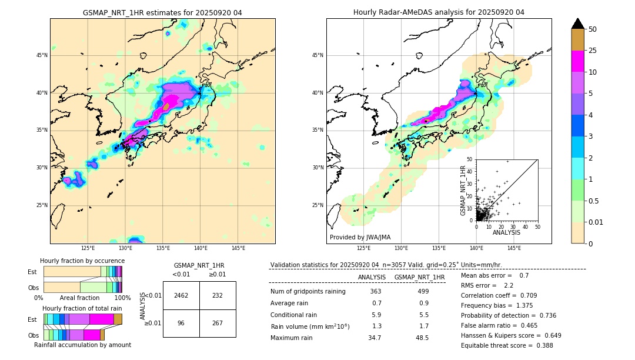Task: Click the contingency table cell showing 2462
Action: [181, 295]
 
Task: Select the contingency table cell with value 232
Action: [217, 295]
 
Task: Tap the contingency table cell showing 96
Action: [181, 323]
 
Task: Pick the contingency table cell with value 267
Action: [217, 323]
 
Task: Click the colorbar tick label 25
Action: [593, 51]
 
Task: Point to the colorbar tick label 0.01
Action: [596, 222]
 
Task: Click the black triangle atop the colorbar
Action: [578, 24]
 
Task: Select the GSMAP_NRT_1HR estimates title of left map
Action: [162, 12]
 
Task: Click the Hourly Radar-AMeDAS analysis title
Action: [439, 12]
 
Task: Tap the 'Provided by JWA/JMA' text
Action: [360, 238]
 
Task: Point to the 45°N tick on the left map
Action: [42, 55]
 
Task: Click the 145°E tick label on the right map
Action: [514, 248]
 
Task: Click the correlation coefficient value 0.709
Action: [534, 295]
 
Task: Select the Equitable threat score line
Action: [507, 345]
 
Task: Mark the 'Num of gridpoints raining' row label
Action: [308, 292]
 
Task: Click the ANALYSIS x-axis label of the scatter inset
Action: [506, 233]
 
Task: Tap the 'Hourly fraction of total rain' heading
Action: [82, 308]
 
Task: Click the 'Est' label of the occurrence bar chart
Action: [32, 272]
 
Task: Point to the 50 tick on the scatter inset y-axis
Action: [470, 159]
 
